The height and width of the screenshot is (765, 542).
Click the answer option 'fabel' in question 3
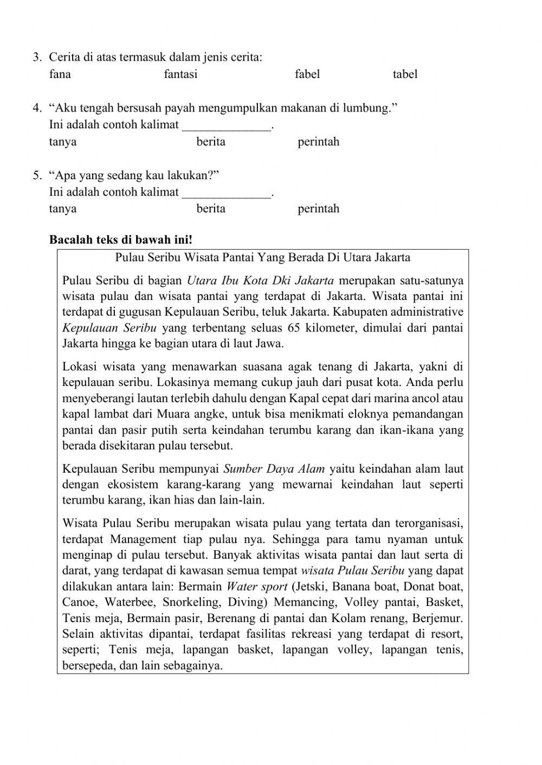point(307,74)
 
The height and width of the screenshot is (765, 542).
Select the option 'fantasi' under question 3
point(180,74)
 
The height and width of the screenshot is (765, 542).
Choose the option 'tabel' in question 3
point(405,74)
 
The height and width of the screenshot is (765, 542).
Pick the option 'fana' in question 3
point(60,74)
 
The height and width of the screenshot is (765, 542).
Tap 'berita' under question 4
point(211,142)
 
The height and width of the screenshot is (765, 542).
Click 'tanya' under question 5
point(63,209)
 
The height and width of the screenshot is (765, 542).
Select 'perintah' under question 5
point(318,209)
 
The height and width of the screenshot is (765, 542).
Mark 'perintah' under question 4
point(318,142)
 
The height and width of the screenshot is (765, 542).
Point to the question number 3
point(37,57)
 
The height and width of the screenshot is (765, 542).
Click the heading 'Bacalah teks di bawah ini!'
point(121,239)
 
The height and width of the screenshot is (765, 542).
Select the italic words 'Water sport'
point(257,586)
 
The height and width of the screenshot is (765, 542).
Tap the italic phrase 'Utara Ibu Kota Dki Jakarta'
point(260,280)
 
